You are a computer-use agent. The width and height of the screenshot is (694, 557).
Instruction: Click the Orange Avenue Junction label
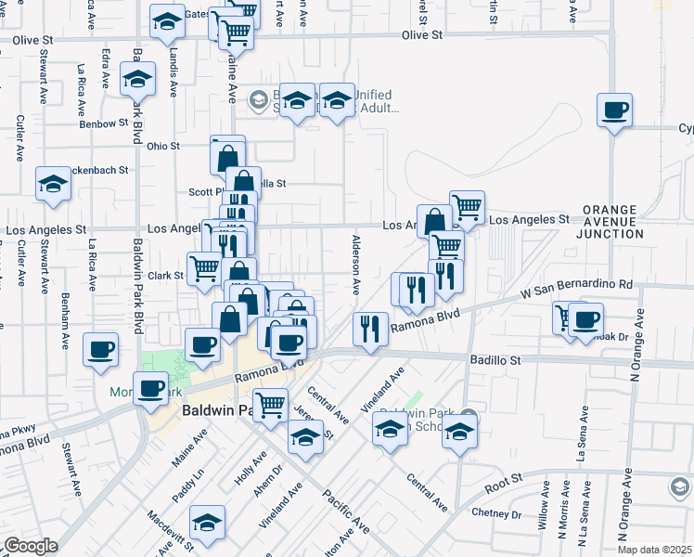[611, 222]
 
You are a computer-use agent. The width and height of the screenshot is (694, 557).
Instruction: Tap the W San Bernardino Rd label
[576, 290]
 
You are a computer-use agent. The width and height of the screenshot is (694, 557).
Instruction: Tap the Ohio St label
[163, 146]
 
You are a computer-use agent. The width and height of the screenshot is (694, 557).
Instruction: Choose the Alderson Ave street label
[355, 264]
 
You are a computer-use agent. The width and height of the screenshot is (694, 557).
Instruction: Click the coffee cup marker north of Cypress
[615, 111]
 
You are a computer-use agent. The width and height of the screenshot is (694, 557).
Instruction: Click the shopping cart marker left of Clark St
[204, 269]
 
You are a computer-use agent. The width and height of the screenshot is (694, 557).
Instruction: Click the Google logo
[30, 546]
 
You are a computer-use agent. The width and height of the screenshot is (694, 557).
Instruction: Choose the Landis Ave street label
[173, 71]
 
